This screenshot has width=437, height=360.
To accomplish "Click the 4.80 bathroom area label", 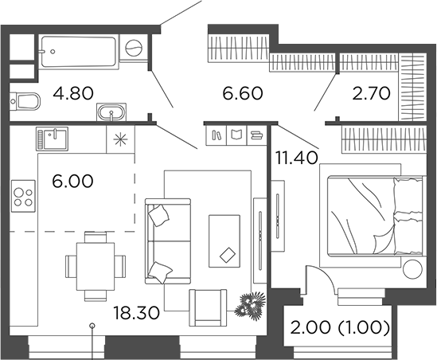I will (x=72, y=93).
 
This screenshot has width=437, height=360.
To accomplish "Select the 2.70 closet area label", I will (x=372, y=94).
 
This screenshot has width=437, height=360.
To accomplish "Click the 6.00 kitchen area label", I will (x=73, y=181).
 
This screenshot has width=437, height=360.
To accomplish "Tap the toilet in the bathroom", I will (x=27, y=101).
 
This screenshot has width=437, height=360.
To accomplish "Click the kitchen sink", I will (x=52, y=138).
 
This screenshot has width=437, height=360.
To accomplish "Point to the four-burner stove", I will (x=23, y=196).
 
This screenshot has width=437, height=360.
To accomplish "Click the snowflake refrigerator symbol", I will (x=120, y=138).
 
